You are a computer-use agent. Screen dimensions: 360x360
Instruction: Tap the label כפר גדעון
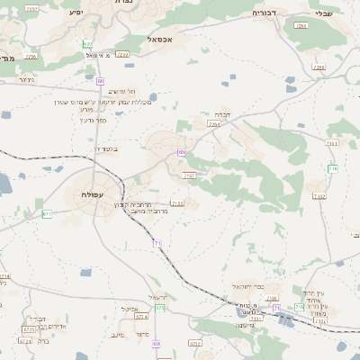[93, 120]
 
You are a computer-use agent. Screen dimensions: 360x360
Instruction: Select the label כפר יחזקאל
[247, 286]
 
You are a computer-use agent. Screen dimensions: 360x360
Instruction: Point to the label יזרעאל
[157, 297]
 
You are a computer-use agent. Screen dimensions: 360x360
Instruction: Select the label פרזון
[141, 334]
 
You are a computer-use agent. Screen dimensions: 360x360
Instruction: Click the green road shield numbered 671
[46, 214]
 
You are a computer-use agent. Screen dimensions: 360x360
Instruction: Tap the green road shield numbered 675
[160, 308]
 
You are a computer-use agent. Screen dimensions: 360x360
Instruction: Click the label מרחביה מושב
[133, 211]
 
